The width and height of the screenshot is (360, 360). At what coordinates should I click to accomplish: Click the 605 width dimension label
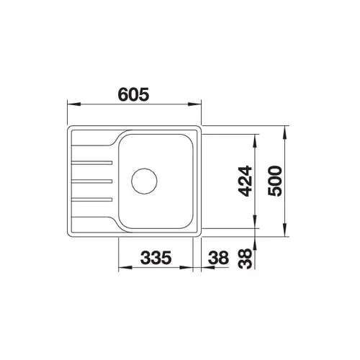(x=134, y=94)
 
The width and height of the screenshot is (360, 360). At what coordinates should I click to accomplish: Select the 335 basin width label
(x=156, y=258)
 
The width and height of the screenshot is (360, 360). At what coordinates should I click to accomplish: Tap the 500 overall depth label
(x=275, y=181)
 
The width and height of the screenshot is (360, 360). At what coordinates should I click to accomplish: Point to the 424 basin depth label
(x=246, y=181)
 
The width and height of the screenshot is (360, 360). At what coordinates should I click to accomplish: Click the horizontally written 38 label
(x=218, y=258)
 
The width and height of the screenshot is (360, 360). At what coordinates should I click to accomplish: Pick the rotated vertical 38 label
(x=246, y=258)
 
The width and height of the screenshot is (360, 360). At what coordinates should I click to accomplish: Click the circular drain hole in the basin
(x=144, y=181)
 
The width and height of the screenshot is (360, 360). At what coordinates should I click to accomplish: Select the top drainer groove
(x=92, y=163)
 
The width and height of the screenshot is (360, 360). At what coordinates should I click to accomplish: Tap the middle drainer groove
(x=92, y=181)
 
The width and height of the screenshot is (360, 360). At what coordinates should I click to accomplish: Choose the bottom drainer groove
(x=92, y=199)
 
